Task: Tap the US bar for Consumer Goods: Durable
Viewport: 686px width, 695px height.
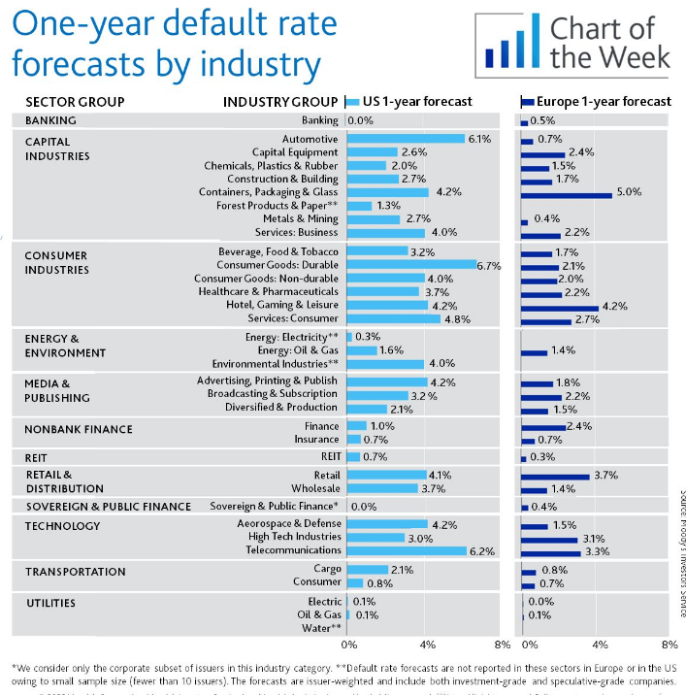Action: point(411,265)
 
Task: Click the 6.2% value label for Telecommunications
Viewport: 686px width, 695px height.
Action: point(482,551)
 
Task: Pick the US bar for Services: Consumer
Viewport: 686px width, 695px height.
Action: point(393,318)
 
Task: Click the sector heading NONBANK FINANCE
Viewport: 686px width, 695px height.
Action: point(79,429)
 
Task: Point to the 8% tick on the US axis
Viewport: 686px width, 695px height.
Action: point(503,644)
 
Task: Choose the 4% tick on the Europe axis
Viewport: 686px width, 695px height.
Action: point(599,644)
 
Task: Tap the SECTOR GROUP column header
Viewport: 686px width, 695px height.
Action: point(75,101)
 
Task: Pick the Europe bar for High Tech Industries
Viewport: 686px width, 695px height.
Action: point(549,539)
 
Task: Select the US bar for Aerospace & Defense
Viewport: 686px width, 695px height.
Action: point(386,524)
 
